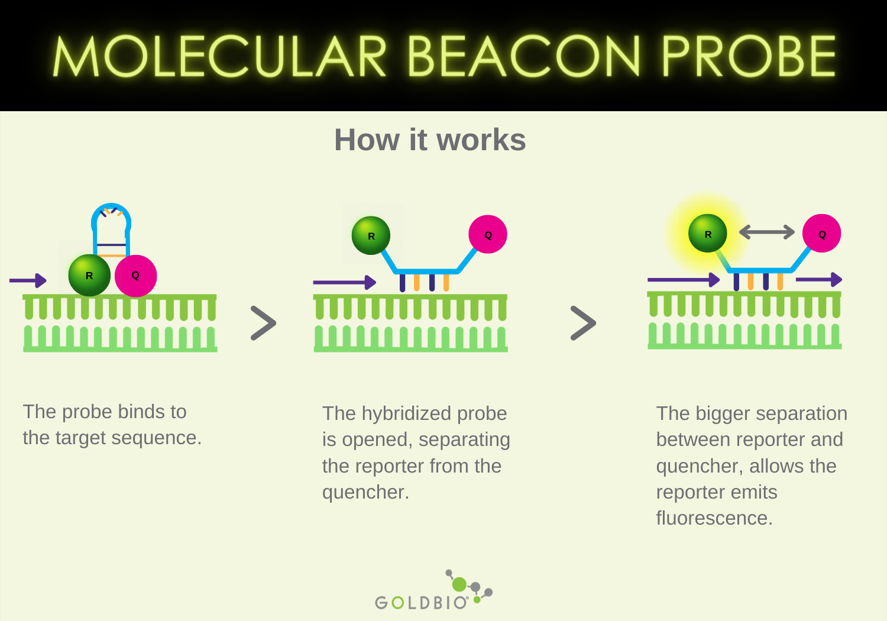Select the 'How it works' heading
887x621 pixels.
(430, 140)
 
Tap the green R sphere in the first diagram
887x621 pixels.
(89, 275)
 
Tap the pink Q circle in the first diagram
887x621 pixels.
(135, 276)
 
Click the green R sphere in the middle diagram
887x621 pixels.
(371, 235)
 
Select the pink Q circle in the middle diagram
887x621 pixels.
(488, 234)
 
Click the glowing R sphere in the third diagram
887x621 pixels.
(708, 233)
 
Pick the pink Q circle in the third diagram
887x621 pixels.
(821, 233)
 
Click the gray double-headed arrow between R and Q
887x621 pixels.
(767, 232)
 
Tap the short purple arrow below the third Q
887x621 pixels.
(819, 279)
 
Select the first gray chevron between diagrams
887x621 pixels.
(263, 323)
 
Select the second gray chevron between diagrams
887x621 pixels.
(583, 323)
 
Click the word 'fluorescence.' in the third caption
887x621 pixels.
(714, 518)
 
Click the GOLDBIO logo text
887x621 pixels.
(422, 603)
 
